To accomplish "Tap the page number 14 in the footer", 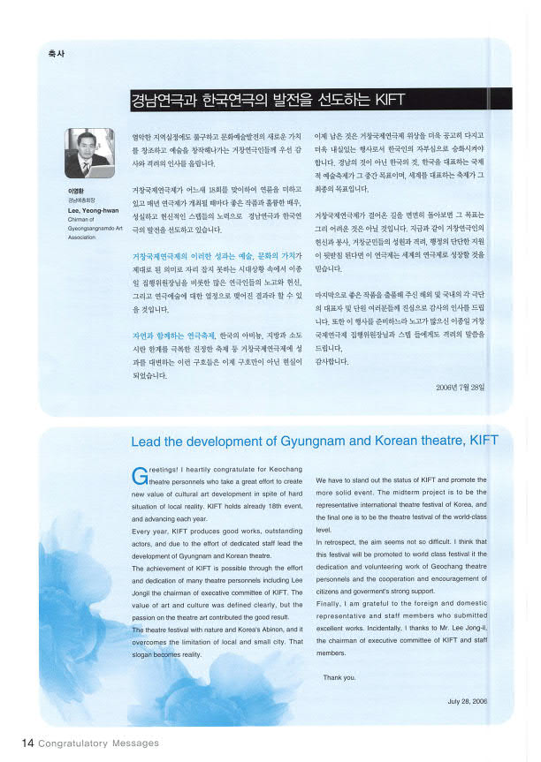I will [x=27, y=743].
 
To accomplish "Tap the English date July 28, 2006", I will [x=467, y=701].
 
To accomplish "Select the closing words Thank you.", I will [x=339, y=677].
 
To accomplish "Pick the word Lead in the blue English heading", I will [x=147, y=441].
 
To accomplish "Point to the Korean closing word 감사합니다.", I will [x=332, y=362].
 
